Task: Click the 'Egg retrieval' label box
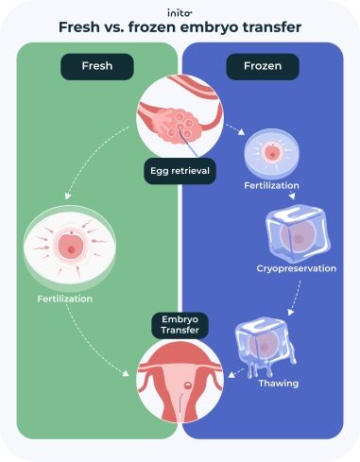click(180, 171)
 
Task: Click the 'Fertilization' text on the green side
click(64, 299)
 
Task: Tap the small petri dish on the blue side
click(271, 152)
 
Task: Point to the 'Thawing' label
click(279, 384)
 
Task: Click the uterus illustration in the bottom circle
click(180, 380)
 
